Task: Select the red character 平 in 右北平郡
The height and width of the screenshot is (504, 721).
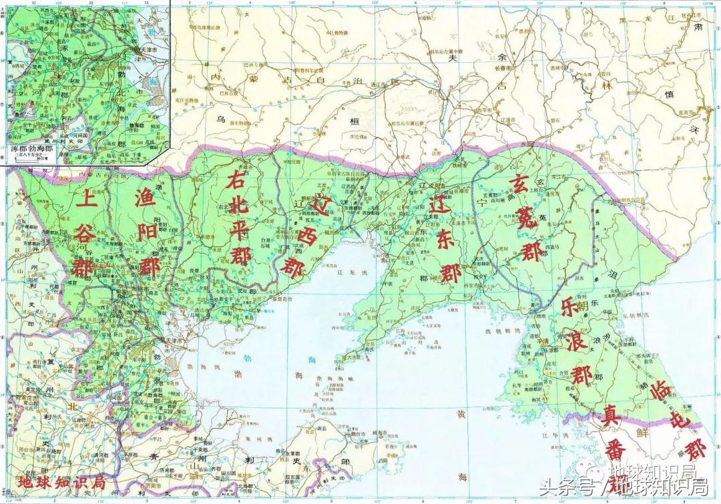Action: pyautogui.click(x=239, y=230)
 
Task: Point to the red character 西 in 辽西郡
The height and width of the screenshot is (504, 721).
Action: pyautogui.click(x=308, y=235)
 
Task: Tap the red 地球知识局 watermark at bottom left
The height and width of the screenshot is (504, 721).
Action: pyautogui.click(x=61, y=482)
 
